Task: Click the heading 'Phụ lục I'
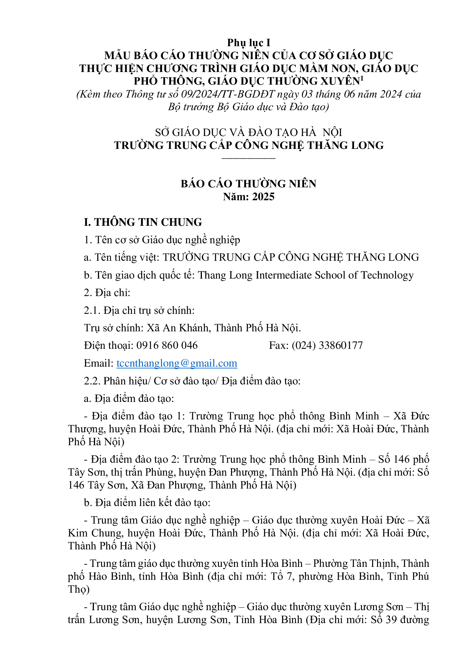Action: (x=249, y=43)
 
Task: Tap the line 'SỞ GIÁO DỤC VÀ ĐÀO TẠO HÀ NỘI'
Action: (x=249, y=132)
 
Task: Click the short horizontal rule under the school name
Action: (x=249, y=158)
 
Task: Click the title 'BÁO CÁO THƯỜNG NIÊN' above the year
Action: (x=249, y=184)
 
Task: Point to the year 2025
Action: (x=263, y=197)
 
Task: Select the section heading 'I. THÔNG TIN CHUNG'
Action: (x=143, y=222)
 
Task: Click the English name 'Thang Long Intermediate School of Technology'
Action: (x=306, y=275)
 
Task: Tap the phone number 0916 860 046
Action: (x=167, y=345)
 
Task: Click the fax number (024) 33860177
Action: (x=327, y=345)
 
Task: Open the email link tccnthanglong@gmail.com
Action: (x=177, y=363)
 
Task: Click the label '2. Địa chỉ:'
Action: (x=107, y=293)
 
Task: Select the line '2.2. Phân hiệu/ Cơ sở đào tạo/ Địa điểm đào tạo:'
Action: (x=192, y=381)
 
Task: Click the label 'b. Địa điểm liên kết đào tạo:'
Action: (x=147, y=503)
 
